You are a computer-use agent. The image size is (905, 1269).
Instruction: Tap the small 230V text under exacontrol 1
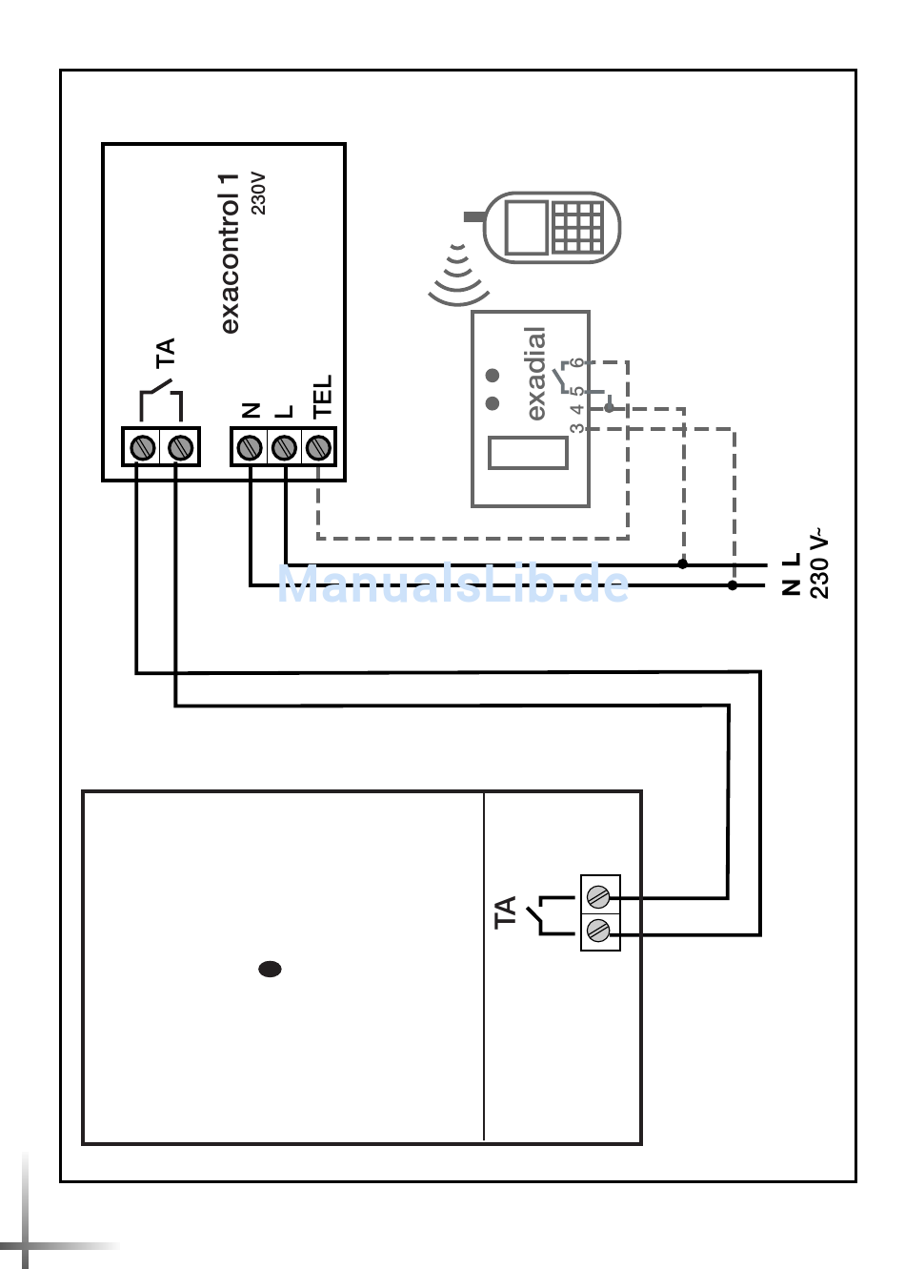(258, 193)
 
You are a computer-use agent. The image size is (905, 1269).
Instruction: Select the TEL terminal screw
(318, 446)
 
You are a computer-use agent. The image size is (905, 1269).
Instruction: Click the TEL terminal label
(322, 396)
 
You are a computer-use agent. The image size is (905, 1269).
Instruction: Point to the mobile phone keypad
(577, 227)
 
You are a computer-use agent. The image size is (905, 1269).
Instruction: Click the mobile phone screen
(526, 227)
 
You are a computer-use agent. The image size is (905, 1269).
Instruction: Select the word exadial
(536, 374)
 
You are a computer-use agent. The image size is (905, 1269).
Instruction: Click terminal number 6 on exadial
(577, 364)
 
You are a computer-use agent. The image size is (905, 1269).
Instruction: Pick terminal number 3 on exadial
(577, 428)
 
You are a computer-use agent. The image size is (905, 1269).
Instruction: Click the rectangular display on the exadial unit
(528, 452)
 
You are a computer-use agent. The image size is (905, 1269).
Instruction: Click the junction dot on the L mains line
(682, 563)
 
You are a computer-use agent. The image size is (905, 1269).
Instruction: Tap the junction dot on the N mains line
(733, 585)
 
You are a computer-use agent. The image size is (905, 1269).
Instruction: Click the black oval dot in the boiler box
(270, 969)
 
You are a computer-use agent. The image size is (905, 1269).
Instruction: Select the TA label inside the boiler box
(505, 911)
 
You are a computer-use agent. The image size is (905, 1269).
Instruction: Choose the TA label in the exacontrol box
(166, 352)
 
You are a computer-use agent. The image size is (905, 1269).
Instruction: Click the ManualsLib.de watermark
(453, 584)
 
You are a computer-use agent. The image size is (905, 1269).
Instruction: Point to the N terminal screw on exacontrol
(250, 446)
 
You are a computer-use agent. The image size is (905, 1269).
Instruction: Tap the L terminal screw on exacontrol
(284, 446)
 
